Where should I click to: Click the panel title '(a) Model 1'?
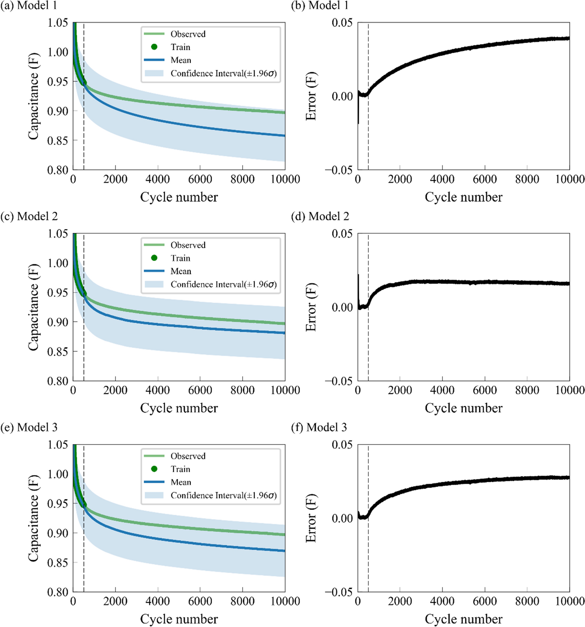29,6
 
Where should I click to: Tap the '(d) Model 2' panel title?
320,217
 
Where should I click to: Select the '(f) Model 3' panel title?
319,428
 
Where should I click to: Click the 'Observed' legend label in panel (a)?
188,34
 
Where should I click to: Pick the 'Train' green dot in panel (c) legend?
154,258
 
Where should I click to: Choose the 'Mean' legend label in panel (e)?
181,482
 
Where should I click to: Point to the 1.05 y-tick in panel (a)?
58,23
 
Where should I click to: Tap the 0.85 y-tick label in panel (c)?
58,352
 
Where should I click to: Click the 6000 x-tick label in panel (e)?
200,601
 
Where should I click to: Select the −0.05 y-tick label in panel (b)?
339,170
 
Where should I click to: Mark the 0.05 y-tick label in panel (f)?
342,445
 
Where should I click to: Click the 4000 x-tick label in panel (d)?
442,390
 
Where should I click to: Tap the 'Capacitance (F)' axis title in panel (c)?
33,307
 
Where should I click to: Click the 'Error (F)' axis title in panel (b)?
311,96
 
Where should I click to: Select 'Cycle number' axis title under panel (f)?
463,619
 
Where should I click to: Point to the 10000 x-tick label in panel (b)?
570,179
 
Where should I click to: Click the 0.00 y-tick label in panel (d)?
342,308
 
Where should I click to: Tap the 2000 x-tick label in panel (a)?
115,179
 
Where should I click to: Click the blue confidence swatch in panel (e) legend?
154,495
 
